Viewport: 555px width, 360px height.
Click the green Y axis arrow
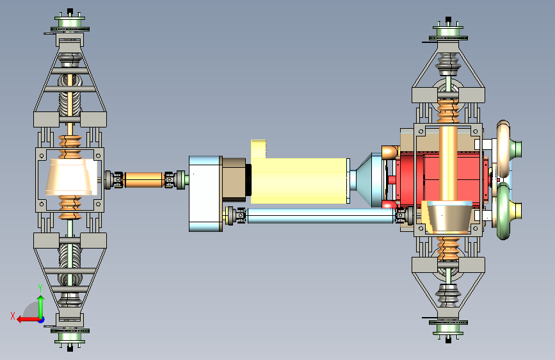(x=41, y=306)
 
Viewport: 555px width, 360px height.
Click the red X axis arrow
(x=29, y=320)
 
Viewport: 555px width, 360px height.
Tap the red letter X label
(x=13, y=316)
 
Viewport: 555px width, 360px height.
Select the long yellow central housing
(x=300, y=181)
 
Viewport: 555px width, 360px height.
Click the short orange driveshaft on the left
(x=144, y=179)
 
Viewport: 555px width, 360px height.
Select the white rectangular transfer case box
(x=205, y=194)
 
